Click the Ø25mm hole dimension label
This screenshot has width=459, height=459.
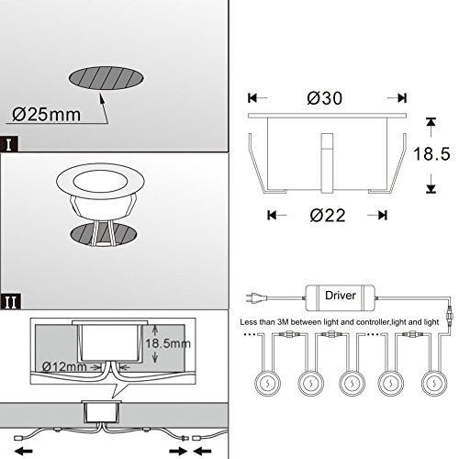click(x=47, y=115)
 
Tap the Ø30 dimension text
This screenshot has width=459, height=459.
click(x=325, y=98)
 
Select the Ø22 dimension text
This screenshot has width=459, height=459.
click(x=328, y=216)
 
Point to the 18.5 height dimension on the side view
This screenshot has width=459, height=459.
click(x=431, y=153)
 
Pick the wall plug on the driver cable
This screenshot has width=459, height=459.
click(x=253, y=297)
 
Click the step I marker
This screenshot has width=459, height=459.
click(x=9, y=144)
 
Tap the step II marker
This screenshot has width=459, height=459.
click(x=11, y=302)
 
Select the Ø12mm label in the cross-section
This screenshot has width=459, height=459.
click(x=64, y=366)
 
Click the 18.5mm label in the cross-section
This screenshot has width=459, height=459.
click(x=168, y=343)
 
